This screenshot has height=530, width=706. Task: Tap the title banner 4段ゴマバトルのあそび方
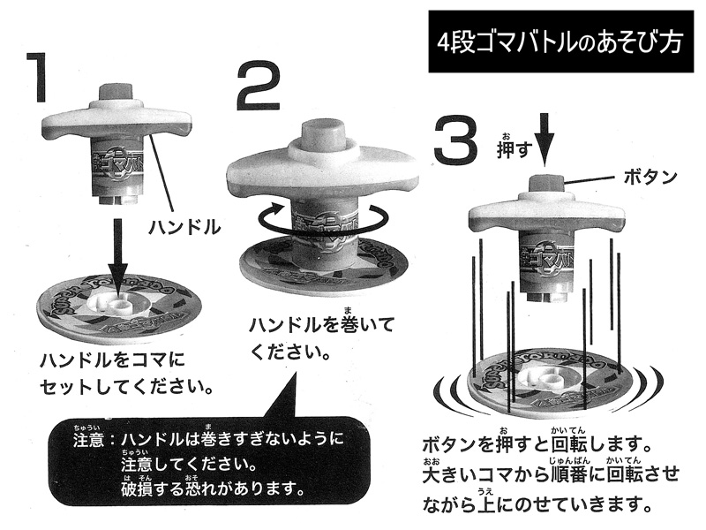[561, 42]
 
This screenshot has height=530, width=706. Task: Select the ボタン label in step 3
[650, 178]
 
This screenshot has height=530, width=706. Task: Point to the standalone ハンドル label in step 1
[184, 227]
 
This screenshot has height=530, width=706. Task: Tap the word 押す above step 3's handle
[514, 147]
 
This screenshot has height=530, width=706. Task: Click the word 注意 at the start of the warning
[89, 439]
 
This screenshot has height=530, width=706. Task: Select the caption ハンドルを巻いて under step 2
[322, 324]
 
